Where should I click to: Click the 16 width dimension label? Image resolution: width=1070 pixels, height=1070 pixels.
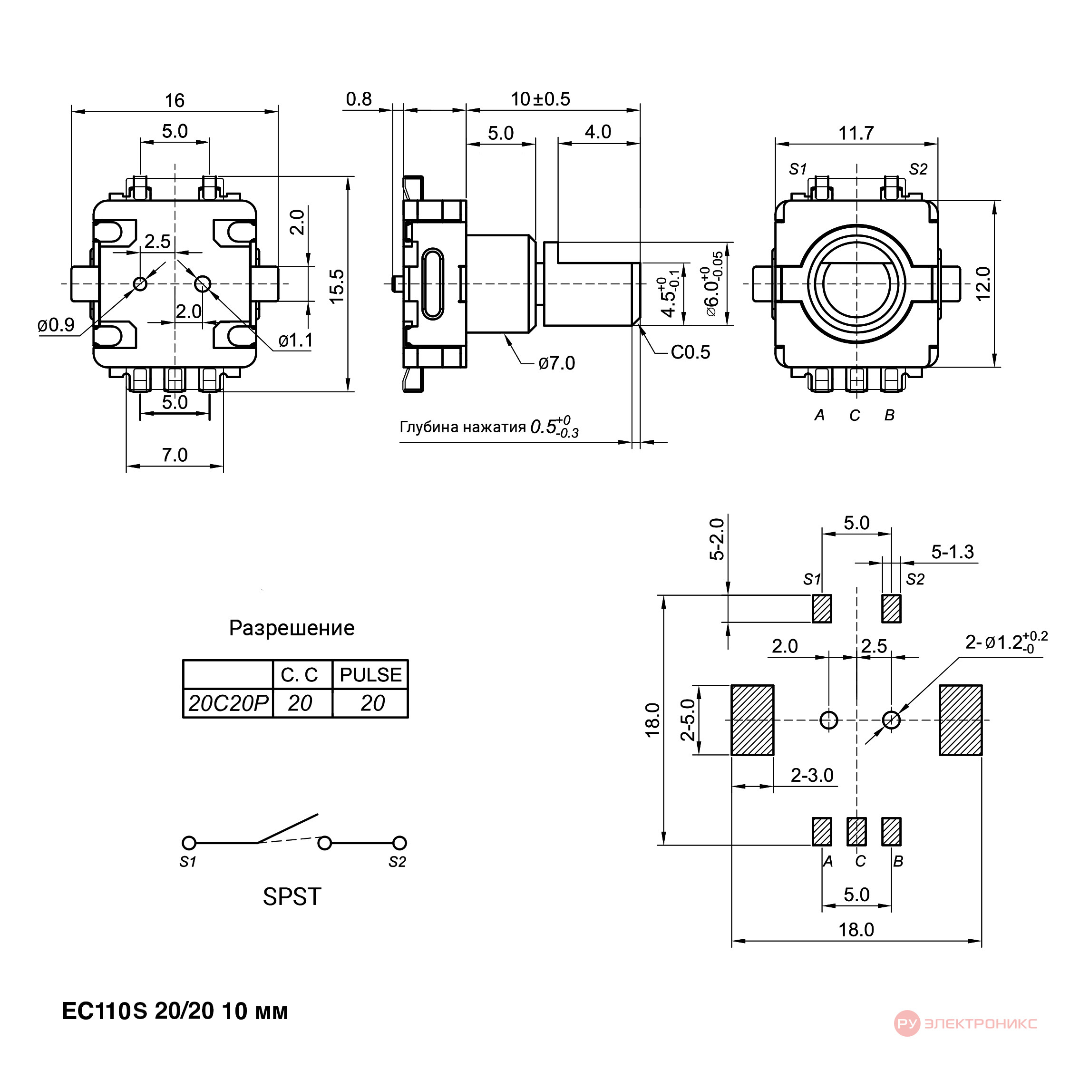click(x=175, y=101)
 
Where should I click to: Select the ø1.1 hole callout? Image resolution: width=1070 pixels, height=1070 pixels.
click(x=296, y=340)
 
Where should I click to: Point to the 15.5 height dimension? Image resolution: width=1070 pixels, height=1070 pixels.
click(x=337, y=286)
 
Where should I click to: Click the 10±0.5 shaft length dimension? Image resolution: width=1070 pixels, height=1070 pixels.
click(x=540, y=99)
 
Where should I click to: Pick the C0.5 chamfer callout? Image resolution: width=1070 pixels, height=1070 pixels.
click(x=690, y=352)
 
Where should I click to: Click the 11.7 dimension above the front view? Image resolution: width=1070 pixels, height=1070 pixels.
click(x=856, y=134)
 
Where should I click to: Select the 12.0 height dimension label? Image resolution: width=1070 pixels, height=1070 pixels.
click(x=982, y=283)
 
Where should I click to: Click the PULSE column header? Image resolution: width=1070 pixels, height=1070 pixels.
click(x=370, y=674)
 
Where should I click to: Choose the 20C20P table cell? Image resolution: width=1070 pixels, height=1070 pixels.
click(x=228, y=703)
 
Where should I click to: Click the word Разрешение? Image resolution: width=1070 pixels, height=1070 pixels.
click(x=292, y=628)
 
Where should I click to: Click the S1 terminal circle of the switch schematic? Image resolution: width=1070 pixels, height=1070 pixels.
click(x=189, y=844)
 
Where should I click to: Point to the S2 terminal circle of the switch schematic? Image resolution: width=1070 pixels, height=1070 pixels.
click(x=399, y=843)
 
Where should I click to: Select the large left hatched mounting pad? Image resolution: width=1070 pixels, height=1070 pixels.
click(x=752, y=720)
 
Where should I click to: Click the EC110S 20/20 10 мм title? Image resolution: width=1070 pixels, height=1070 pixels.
click(x=175, y=1012)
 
